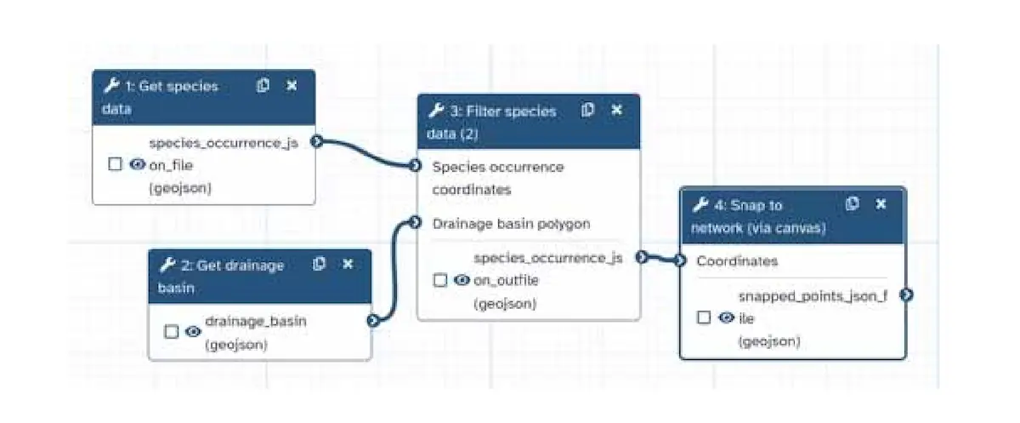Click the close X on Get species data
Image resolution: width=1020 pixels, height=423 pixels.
292,85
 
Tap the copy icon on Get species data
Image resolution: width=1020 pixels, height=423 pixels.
263,85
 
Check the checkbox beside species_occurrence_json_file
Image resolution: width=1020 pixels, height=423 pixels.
116,165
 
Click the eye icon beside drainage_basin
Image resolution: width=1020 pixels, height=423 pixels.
193,332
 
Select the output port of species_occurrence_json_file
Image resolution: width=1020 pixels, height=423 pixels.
316,141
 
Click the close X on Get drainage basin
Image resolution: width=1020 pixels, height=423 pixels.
348,264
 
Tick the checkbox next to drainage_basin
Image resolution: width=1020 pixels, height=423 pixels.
172,332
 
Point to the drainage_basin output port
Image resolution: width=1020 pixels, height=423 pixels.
372,321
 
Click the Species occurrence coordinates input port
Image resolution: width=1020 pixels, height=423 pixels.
415,165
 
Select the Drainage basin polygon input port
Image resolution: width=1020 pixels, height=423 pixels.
415,223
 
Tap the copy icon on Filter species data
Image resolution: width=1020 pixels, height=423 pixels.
587,110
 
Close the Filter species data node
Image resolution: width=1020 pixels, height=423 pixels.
617,110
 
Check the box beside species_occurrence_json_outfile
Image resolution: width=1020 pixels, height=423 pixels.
440,280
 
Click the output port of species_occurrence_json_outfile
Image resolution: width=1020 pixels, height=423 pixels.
641,256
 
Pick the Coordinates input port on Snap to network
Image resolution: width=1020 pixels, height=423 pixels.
680,261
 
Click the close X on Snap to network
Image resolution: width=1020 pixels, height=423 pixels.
881,204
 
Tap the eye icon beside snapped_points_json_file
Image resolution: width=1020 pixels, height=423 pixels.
726,317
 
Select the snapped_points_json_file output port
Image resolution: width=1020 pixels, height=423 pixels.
907,294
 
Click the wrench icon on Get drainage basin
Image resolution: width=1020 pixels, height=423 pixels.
167,265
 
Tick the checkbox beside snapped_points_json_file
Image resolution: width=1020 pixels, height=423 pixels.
704,317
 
